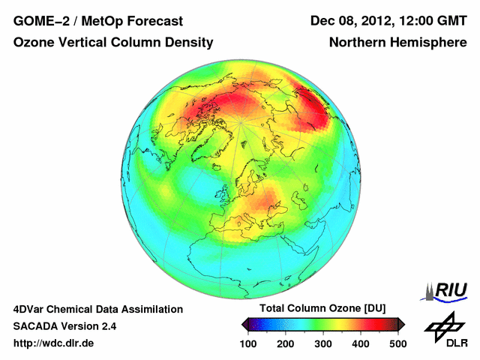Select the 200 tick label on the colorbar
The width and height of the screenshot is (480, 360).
click(285, 343)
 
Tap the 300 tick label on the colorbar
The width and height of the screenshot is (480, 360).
click(322, 343)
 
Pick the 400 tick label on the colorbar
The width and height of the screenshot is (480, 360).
click(360, 343)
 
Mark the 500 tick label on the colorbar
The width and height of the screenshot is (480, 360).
click(397, 343)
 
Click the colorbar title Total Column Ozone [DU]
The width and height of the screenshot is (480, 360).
click(322, 309)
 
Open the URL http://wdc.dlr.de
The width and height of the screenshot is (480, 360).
click(54, 343)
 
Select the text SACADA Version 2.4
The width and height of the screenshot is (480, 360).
click(64, 326)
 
